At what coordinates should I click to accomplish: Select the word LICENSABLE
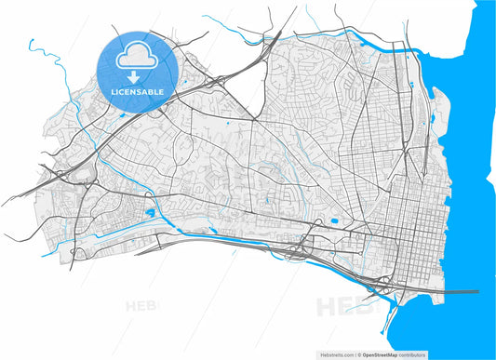(x=138, y=93)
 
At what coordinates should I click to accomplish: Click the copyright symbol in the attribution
(x=361, y=354)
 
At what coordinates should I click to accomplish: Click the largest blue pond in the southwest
(x=148, y=213)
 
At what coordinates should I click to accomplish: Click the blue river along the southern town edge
(x=233, y=238)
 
